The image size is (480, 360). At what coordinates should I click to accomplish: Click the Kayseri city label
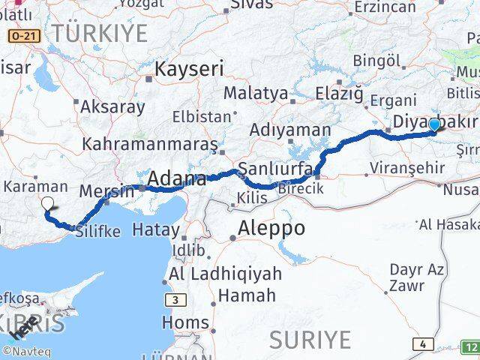tap(189, 70)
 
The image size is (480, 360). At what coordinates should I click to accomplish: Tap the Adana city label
tap(177, 178)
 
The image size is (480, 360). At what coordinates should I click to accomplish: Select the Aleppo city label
tap(271, 229)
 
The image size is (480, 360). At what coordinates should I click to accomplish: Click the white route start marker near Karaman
tap(47, 203)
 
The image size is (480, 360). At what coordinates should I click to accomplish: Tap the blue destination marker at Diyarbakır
tap(434, 124)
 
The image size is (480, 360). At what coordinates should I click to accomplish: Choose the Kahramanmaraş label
tap(150, 143)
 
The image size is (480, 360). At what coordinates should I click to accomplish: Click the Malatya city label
tap(256, 94)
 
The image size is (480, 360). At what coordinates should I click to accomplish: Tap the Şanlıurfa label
tap(268, 167)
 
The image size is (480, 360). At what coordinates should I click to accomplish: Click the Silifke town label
tap(98, 232)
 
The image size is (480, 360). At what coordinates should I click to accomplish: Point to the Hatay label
tap(158, 230)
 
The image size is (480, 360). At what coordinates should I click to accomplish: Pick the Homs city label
tap(185, 323)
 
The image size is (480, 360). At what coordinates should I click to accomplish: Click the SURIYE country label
tap(310, 340)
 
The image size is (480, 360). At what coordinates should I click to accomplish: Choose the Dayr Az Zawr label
tap(416, 277)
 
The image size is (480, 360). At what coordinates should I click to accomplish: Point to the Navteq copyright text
tap(25, 350)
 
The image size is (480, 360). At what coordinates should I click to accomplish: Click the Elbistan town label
tap(202, 117)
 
